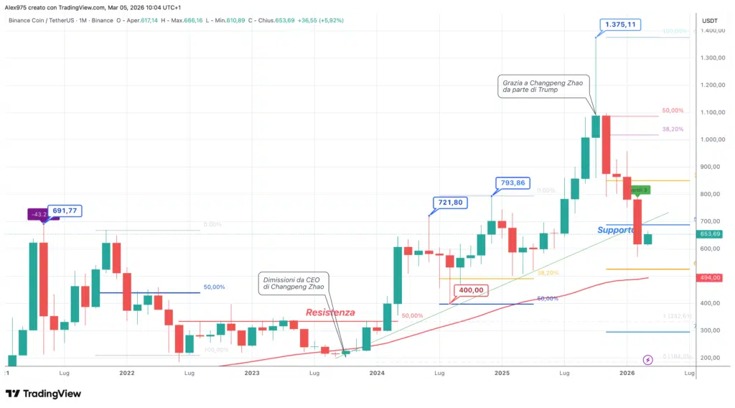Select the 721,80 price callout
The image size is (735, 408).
tap(451, 203)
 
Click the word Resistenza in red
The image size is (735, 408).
tap(329, 312)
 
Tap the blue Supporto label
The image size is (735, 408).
tap(616, 230)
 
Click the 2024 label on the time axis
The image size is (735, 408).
tap(377, 374)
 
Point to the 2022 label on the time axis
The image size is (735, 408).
tap(127, 374)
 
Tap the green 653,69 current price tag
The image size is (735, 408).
tap(711, 234)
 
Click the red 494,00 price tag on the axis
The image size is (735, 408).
tap(711, 277)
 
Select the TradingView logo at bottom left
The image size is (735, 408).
tap(43, 394)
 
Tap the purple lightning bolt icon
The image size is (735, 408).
tap(648, 359)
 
